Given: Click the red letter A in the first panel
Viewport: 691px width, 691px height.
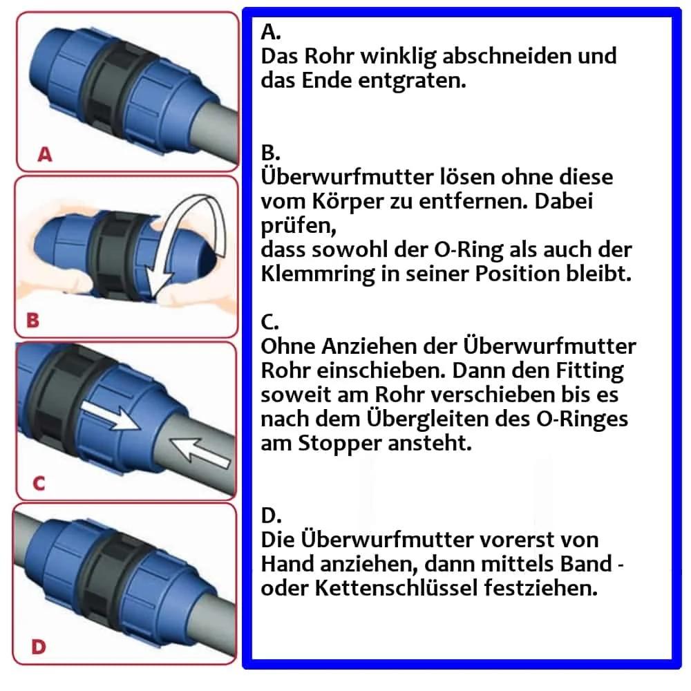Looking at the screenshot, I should (44, 155).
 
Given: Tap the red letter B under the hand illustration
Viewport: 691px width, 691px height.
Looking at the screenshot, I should (32, 321).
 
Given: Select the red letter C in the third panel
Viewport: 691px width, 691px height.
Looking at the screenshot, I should (39, 483).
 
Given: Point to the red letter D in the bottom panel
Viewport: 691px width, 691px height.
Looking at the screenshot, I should (39, 647).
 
